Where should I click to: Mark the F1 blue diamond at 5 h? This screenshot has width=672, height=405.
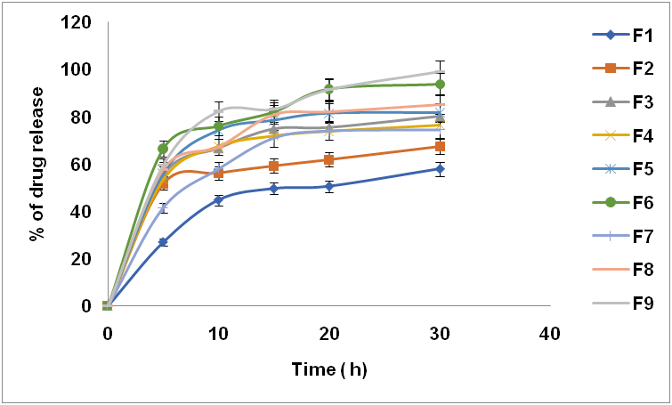pyautogui.click(x=163, y=242)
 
